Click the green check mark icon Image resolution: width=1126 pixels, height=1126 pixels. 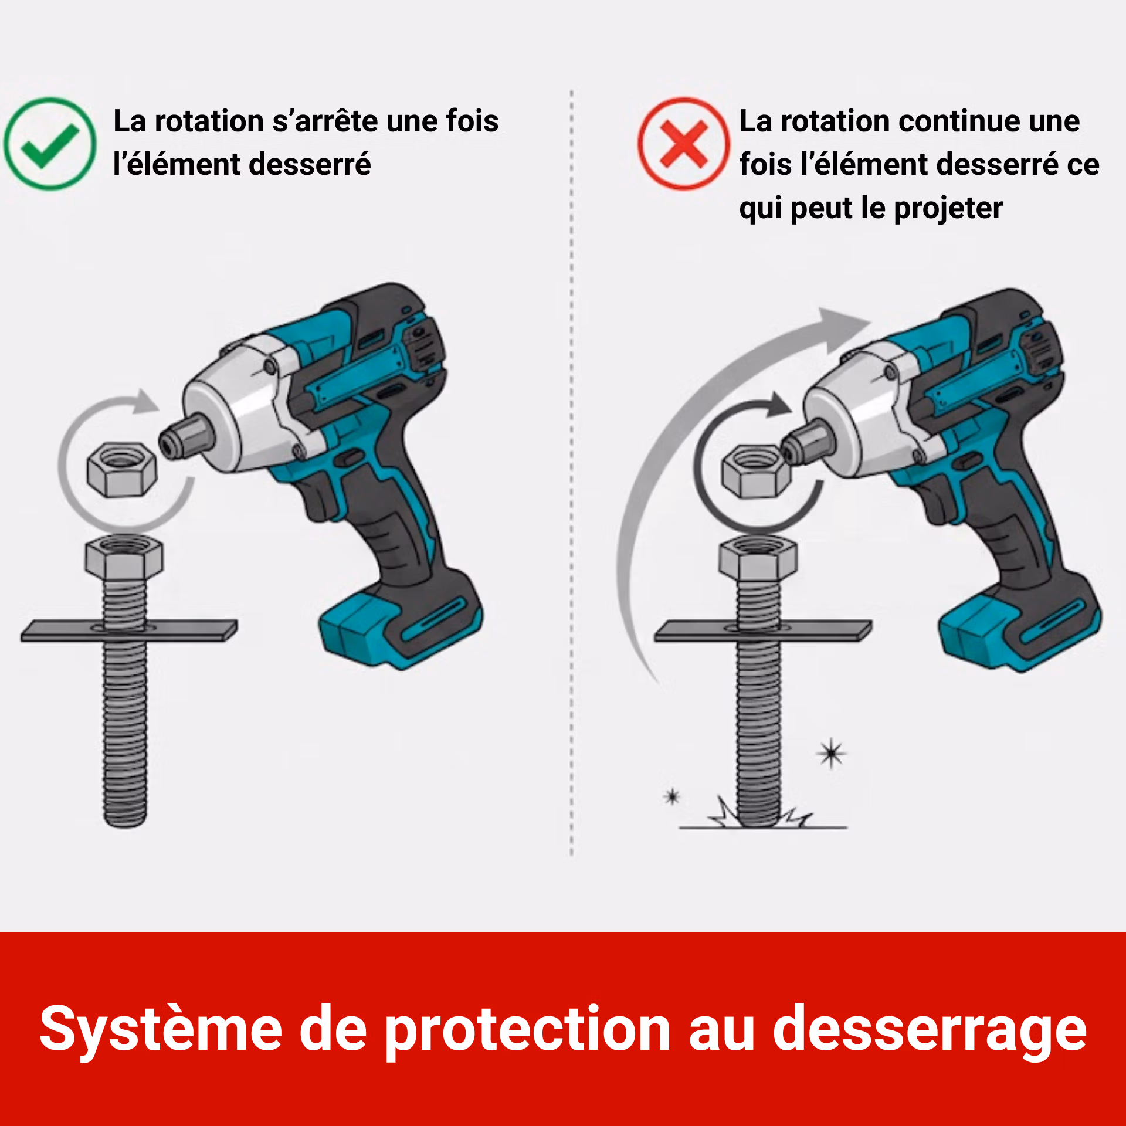[50, 144]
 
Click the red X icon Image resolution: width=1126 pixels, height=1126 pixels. [684, 144]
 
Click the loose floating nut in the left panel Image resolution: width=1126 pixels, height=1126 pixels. [122, 469]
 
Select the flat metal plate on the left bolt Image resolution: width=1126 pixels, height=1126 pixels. [130, 630]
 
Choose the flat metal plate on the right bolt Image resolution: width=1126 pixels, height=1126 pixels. [763, 631]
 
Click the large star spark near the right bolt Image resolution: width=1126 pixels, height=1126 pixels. [831, 754]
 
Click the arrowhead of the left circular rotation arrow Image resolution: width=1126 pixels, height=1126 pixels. [144, 402]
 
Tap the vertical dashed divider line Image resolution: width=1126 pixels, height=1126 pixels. [571, 473]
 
